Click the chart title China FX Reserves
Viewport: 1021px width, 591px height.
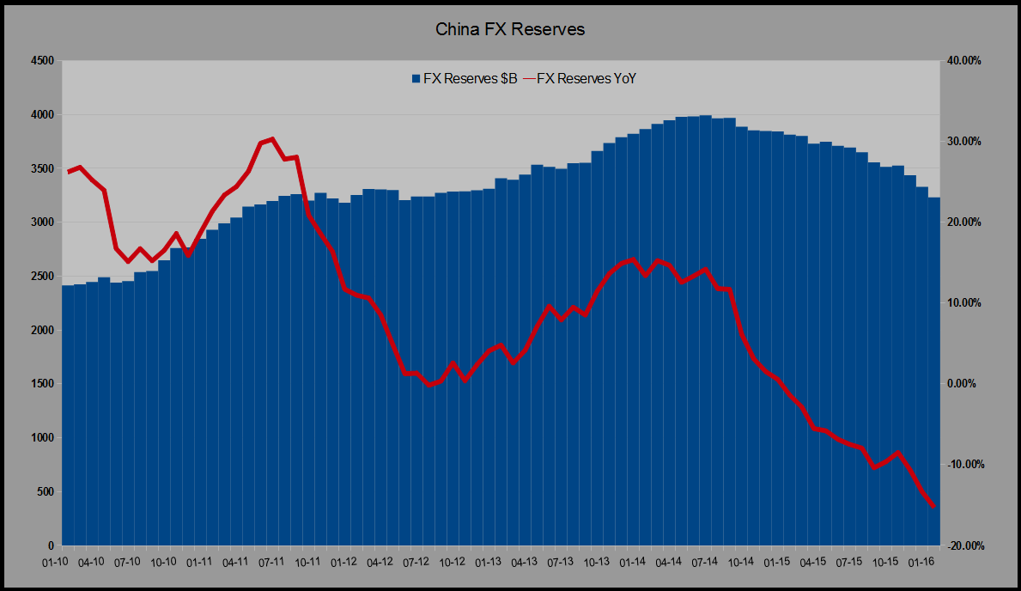click(510, 29)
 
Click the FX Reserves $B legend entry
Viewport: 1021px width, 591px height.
click(464, 79)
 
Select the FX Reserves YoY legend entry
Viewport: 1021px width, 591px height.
click(578, 79)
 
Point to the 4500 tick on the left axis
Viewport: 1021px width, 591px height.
click(40, 61)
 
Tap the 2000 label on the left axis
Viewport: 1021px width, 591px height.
click(40, 330)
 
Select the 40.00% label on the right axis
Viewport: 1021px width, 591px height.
click(963, 61)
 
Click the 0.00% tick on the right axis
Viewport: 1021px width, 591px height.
click(963, 384)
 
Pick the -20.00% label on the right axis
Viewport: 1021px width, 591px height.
click(963, 546)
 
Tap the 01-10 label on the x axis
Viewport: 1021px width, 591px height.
click(56, 562)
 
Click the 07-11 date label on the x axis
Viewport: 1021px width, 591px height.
click(271, 562)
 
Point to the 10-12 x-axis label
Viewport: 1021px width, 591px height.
click(452, 562)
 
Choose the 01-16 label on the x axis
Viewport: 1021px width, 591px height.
click(921, 562)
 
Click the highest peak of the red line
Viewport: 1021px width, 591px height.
click(271, 138)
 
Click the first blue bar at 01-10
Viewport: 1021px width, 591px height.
click(67, 412)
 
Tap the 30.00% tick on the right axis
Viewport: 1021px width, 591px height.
click(963, 142)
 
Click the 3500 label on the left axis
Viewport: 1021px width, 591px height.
click(40, 168)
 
